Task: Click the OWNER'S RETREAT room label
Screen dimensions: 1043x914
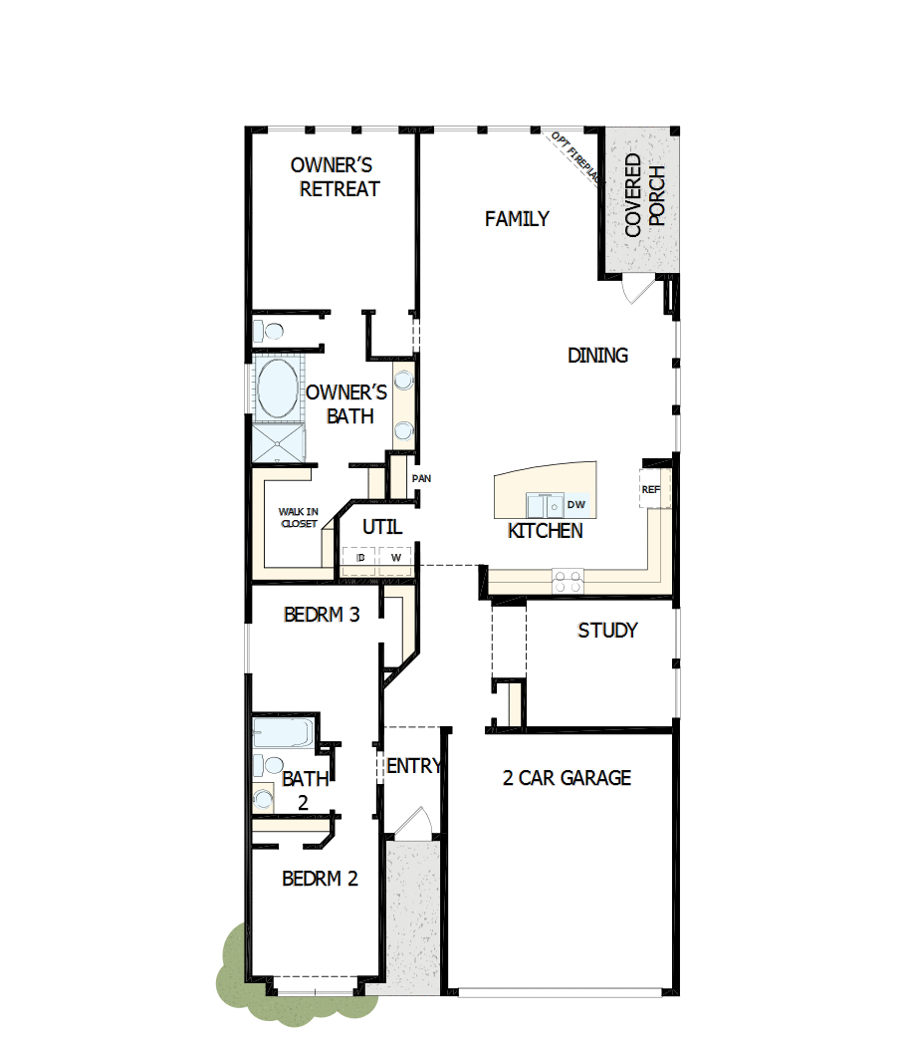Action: click(x=334, y=177)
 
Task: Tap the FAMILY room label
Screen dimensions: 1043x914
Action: click(x=517, y=219)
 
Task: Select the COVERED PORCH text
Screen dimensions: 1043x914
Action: click(x=644, y=195)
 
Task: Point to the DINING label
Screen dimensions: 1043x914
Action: click(x=597, y=356)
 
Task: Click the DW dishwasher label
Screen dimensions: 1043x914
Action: click(x=576, y=505)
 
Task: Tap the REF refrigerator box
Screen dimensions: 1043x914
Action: click(x=651, y=489)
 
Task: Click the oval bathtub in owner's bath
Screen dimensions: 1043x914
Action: click(x=277, y=389)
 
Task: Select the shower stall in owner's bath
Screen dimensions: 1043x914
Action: click(x=276, y=442)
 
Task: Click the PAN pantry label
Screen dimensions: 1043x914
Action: click(x=421, y=479)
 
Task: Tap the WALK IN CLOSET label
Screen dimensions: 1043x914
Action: click(x=298, y=517)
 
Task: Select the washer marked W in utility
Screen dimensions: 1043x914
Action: click(x=395, y=558)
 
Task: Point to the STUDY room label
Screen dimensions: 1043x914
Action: click(x=607, y=631)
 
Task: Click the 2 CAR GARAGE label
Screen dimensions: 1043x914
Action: click(x=567, y=778)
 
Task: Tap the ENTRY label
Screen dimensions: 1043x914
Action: click(x=413, y=766)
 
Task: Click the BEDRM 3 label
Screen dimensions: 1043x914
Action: click(x=321, y=615)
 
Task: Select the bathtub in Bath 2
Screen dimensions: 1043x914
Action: click(x=282, y=732)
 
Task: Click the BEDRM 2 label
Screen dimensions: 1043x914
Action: click(x=320, y=879)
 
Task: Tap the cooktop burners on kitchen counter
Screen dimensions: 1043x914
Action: click(x=568, y=581)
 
